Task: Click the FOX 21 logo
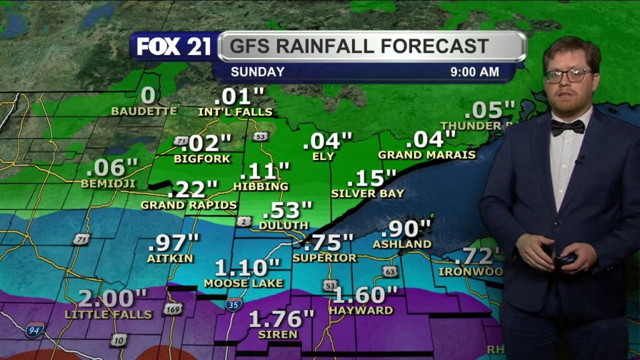[x=174, y=46]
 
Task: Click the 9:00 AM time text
[x=474, y=72]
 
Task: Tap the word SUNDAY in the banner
[x=257, y=72]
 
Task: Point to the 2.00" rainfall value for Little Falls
[x=112, y=298]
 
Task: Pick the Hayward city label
[x=361, y=310]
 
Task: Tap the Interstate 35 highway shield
[x=234, y=305]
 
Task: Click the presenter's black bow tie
[x=567, y=127]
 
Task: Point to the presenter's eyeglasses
[x=567, y=76]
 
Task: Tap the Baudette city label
[x=144, y=111]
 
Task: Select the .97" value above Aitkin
[x=174, y=241]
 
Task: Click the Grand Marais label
[x=427, y=154]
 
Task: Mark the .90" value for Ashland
[x=410, y=228]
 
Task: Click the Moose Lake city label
[x=243, y=283]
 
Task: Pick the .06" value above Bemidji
[x=112, y=167]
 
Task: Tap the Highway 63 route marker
[x=390, y=271]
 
